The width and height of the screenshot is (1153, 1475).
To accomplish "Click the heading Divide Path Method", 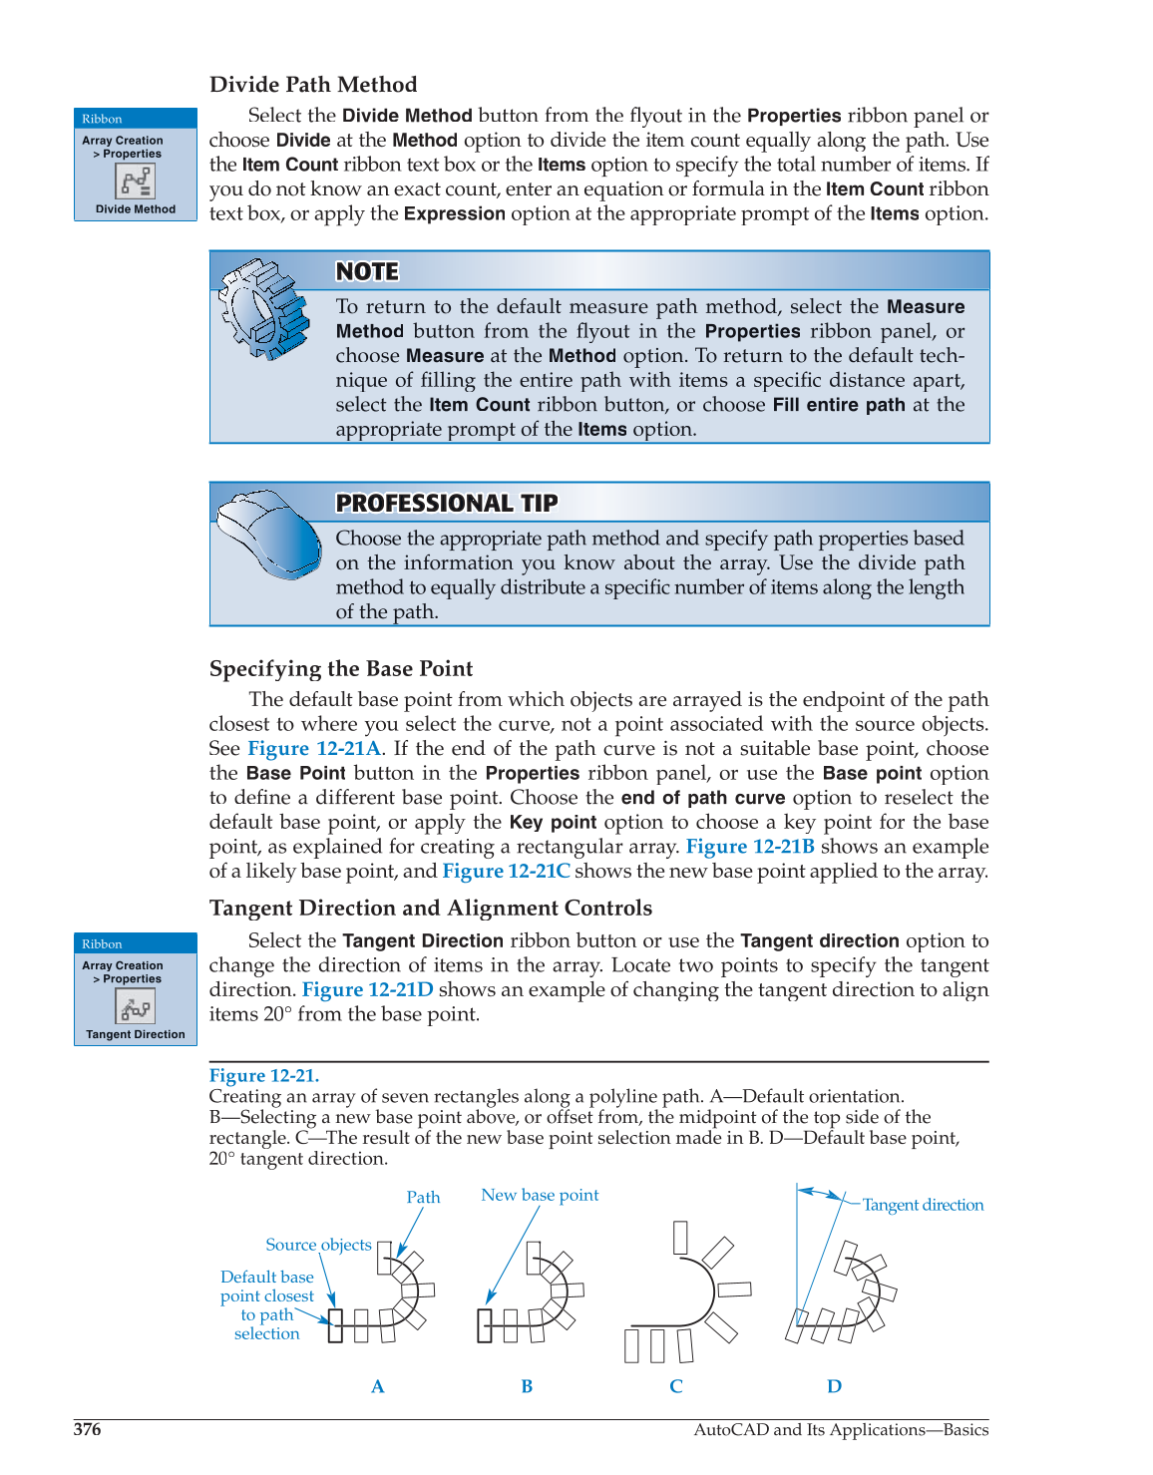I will tap(313, 85).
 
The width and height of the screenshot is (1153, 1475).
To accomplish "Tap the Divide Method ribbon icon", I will tap(136, 182).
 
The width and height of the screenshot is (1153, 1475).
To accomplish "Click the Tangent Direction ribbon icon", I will tap(136, 1007).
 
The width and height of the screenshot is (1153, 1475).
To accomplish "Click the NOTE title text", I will tap(367, 271).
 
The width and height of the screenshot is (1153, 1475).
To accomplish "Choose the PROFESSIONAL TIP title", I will tap(447, 503).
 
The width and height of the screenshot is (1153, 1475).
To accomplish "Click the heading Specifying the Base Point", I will tap(341, 669).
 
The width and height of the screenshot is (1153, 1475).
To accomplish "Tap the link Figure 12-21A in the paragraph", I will tap(314, 749).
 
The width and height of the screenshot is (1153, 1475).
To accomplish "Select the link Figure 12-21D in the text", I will tap(367, 990).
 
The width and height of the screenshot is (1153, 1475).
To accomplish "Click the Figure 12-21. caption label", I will tap(264, 1075).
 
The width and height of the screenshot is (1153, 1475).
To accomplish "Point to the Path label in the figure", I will tap(423, 1197).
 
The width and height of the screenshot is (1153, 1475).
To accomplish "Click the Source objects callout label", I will tap(318, 1245).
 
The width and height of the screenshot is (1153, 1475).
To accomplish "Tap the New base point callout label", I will tap(540, 1195).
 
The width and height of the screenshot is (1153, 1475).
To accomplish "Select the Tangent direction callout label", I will tap(923, 1205).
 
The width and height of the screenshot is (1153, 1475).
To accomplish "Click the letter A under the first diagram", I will tap(377, 1386).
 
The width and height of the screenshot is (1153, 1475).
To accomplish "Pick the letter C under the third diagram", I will tap(676, 1386).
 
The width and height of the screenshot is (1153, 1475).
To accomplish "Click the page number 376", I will tap(88, 1429).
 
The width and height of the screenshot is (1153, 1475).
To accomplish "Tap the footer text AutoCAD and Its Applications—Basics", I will tap(841, 1429).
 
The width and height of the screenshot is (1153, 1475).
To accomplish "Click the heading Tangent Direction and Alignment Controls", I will tap(431, 909).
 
